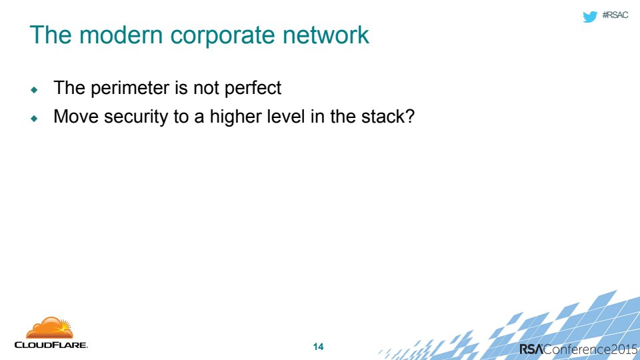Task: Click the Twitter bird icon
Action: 590,16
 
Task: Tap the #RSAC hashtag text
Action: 615,15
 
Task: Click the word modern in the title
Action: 121,35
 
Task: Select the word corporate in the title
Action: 223,36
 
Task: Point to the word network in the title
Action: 326,35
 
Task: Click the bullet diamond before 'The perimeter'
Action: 34,90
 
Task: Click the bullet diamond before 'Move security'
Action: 34,119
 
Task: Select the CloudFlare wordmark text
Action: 51,345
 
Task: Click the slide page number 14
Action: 319,347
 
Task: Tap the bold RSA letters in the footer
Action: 531,349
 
